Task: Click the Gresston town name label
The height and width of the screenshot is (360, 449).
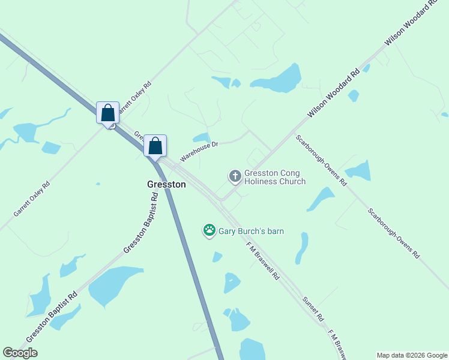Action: pyautogui.click(x=166, y=185)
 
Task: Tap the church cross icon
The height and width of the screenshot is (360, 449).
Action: pyautogui.click(x=235, y=176)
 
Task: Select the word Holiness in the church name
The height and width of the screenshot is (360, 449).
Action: pyautogui.click(x=262, y=182)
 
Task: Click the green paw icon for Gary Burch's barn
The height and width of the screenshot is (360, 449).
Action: pyautogui.click(x=209, y=230)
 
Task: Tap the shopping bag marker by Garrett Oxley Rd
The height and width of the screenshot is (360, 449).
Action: pyautogui.click(x=107, y=113)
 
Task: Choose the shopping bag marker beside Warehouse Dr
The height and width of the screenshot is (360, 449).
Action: pyautogui.click(x=155, y=146)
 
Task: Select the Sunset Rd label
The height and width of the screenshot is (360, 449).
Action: pyautogui.click(x=313, y=308)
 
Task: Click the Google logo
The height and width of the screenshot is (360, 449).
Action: pyautogui.click(x=20, y=353)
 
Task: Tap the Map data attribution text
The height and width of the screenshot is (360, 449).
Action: pyautogui.click(x=412, y=355)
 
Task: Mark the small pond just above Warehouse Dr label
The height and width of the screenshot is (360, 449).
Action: pyautogui.click(x=202, y=137)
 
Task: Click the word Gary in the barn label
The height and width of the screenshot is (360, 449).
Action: pyautogui.click(x=227, y=231)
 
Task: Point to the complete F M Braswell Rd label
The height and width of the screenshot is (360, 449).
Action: pyautogui.click(x=263, y=261)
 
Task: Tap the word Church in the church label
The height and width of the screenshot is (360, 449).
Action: pyautogui.click(x=292, y=182)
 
